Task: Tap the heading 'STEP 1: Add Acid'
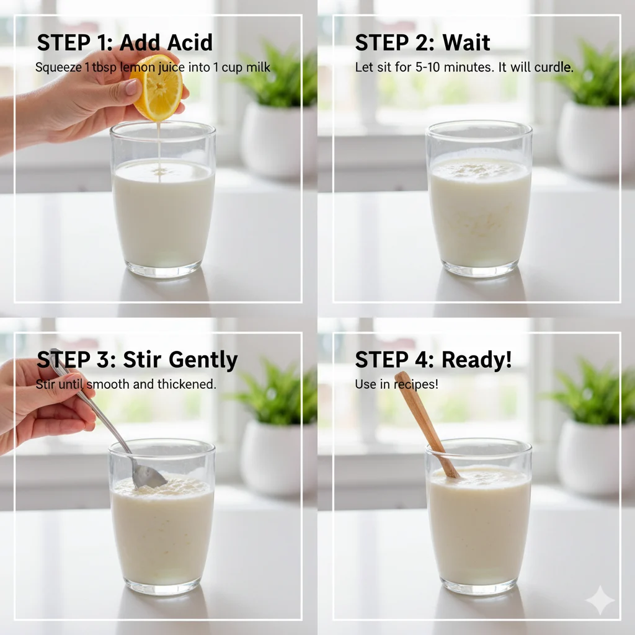[125, 43]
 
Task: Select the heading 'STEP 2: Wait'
[422, 43]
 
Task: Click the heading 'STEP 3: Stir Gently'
[137, 360]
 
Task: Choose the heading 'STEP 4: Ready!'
[433, 360]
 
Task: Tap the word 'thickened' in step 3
[185, 384]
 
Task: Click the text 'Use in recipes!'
[396, 384]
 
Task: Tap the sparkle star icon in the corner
[600, 600]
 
